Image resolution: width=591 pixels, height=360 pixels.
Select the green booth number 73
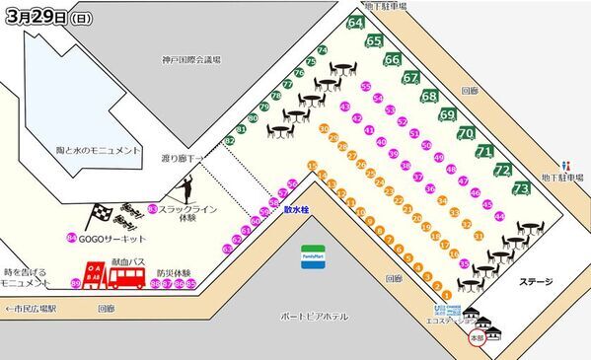pyautogui.click(x=522, y=186)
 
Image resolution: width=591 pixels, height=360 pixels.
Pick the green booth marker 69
pyautogui.click(x=448, y=113)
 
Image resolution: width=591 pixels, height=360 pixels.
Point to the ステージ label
pyautogui.click(x=536, y=282)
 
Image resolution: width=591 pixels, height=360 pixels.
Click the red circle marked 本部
pyautogui.click(x=478, y=338)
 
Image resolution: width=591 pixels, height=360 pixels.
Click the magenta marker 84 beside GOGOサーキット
pyautogui.click(x=72, y=238)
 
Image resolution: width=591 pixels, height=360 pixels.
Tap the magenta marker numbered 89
pyautogui.click(x=76, y=284)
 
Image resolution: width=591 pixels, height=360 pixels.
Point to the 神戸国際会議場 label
pyautogui.click(x=194, y=60)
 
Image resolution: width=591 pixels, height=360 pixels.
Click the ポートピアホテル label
pyautogui.click(x=316, y=317)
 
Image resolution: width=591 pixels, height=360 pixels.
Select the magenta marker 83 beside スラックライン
pyautogui.click(x=153, y=208)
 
